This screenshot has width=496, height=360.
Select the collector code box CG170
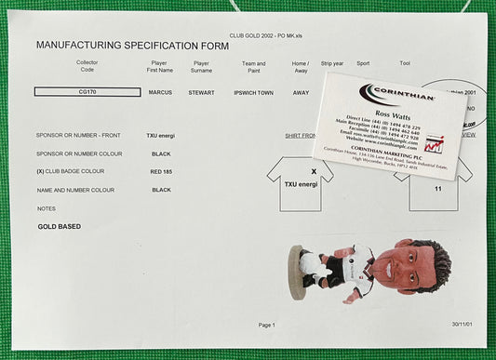87,92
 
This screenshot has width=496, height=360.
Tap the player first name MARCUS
160,92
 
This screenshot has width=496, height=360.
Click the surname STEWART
201,92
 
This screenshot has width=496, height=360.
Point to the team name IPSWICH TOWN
253,92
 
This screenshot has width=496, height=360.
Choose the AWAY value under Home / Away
301,92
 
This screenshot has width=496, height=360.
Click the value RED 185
160,171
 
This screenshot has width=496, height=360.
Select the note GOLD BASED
60,226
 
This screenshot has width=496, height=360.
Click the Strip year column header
331,64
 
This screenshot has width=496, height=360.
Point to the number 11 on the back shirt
437,189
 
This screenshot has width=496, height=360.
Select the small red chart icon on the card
433,144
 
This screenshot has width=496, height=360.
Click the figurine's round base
298,273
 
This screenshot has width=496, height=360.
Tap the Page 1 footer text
266,325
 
